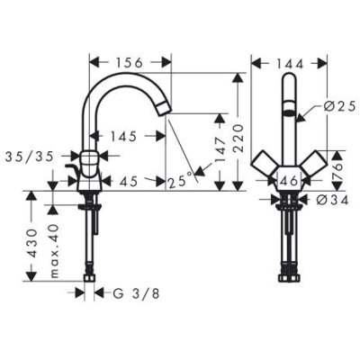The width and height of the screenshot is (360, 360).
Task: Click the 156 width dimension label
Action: (130, 63)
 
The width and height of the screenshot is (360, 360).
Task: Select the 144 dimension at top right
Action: (289, 63)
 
